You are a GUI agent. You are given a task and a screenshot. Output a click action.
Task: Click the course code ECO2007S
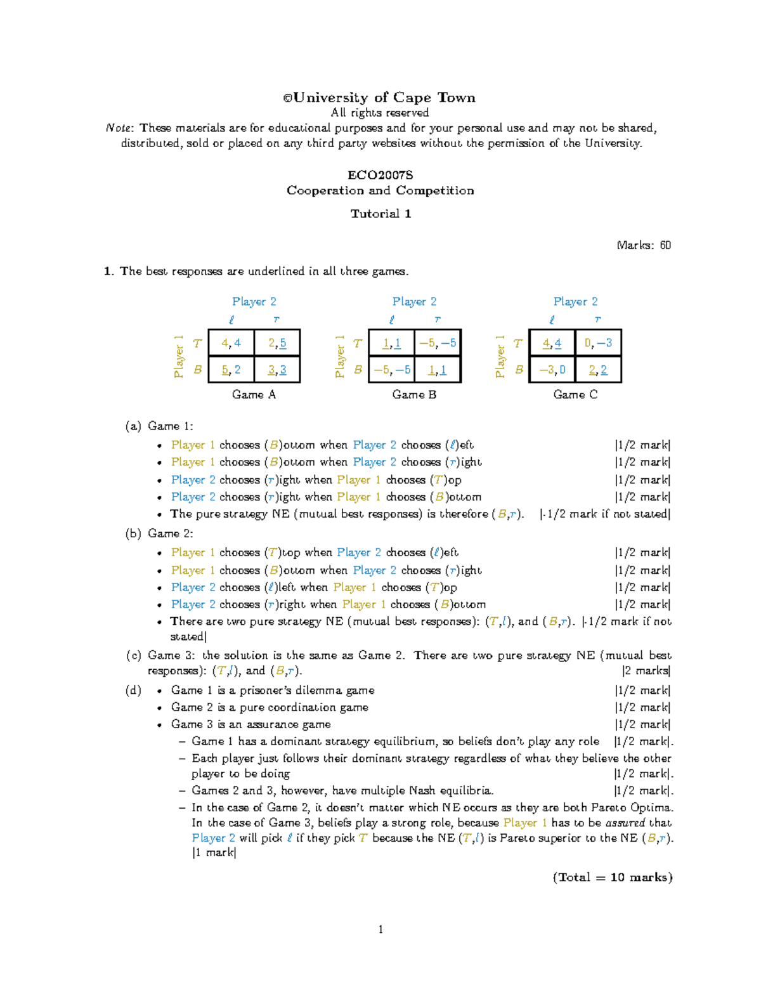pos(380,174)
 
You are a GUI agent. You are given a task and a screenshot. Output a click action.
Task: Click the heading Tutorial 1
pos(380,214)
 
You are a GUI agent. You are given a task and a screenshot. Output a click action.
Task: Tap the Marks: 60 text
pos(643,245)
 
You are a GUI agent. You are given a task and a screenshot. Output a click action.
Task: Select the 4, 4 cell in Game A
pos(231,343)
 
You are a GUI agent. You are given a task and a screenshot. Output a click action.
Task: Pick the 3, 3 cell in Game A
pos(276,370)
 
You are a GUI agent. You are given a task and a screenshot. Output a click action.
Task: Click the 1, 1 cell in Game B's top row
pos(391,343)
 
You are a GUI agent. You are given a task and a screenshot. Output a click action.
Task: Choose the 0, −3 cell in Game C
pos(598,343)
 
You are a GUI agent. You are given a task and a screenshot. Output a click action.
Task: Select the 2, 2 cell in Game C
pos(598,370)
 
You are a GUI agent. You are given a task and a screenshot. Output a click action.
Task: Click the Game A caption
pos(254,395)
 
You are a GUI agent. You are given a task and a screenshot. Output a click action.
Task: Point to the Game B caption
pos(414,395)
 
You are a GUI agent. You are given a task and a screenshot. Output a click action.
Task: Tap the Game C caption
pos(575,395)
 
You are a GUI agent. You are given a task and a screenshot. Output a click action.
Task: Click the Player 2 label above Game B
pos(414,302)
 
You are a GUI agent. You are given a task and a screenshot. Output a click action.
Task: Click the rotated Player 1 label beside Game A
pos(179,356)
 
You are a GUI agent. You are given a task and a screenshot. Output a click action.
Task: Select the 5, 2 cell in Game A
pos(231,370)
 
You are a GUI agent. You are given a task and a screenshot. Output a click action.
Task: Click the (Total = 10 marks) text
pos(612,877)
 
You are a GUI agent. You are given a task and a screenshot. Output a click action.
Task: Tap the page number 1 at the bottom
pos(380,930)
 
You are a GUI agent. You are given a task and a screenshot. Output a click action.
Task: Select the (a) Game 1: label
pos(159,426)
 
